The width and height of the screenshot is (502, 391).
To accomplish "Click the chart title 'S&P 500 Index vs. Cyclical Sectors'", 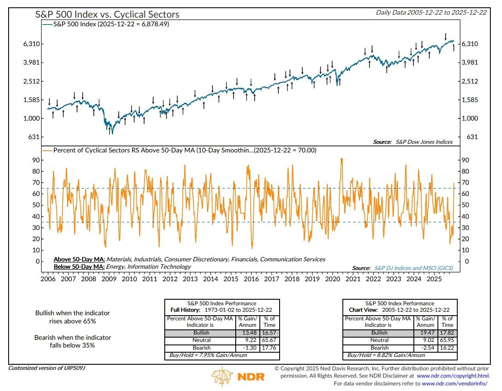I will [107, 14].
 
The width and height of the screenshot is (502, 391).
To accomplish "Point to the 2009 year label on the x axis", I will [108, 279].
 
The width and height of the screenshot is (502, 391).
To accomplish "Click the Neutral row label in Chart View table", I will [379, 340].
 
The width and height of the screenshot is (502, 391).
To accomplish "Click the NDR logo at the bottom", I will [236, 376].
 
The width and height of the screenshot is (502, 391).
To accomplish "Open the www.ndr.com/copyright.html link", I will [456, 375].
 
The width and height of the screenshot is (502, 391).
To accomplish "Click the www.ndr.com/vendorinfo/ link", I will [455, 383].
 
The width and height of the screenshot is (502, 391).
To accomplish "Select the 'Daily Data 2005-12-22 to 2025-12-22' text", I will [431, 12].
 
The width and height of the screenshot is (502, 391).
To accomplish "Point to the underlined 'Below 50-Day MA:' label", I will [79, 267].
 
